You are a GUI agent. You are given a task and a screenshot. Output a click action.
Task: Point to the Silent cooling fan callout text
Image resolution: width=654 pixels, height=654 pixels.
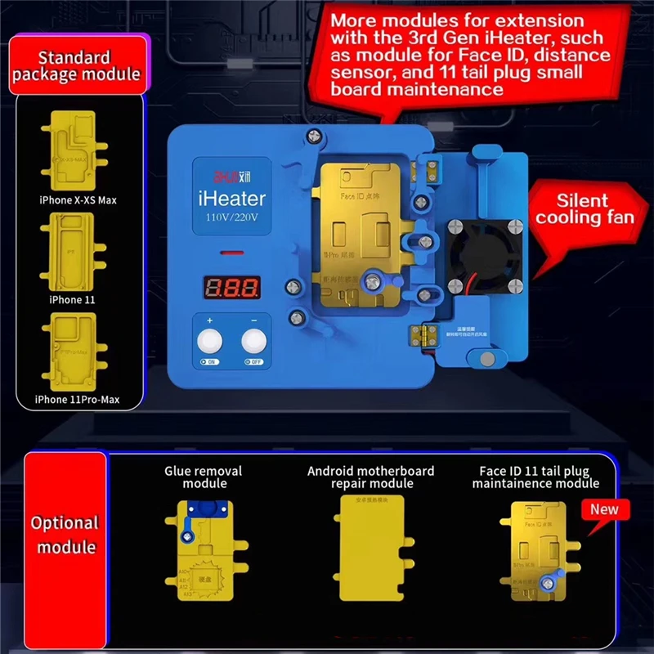point(584,208)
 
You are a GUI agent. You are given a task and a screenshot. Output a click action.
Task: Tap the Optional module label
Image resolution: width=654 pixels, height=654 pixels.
point(65,535)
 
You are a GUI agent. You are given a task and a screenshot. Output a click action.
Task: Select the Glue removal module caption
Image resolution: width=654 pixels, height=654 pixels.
point(203,477)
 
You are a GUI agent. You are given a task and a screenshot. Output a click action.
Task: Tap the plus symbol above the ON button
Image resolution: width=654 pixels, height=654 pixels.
point(210,321)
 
